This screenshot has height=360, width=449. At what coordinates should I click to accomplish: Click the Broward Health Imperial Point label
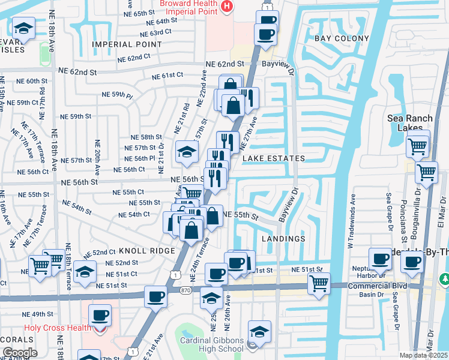click(179, 8)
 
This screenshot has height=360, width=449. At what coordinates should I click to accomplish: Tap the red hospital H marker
click(226, 7)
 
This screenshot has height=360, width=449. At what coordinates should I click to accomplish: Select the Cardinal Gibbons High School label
click(212, 345)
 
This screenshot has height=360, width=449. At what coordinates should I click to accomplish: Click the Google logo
click(20, 353)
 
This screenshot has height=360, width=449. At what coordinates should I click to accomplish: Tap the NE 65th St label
click(140, 13)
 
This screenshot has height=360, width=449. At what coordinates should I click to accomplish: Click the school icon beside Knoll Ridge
click(85, 272)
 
